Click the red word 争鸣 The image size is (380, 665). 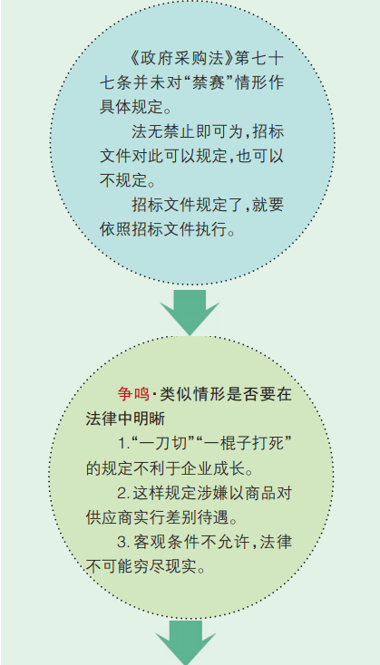coord(133,394)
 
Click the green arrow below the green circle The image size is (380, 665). coord(186,642)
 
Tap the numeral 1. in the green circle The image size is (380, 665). coord(123,444)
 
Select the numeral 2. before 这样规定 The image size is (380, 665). coord(123,493)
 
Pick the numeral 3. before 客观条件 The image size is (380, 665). coord(123,542)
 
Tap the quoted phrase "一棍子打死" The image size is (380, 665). coord(247,444)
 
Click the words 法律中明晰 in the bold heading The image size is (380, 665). coord(125,419)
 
